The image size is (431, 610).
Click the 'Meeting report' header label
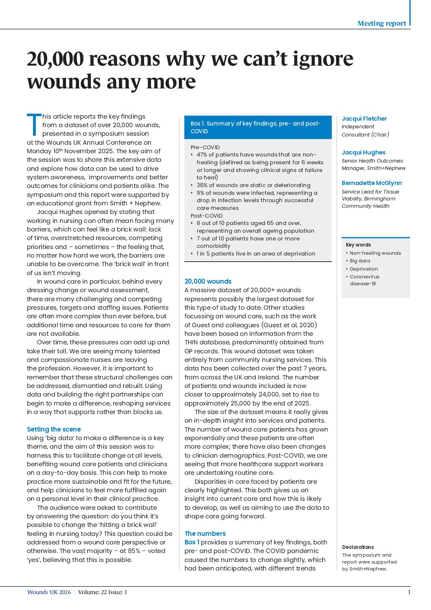(382, 23)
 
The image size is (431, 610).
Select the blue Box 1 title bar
(255, 127)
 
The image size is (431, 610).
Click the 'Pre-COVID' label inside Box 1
(205, 147)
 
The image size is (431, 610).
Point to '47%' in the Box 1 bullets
(202, 155)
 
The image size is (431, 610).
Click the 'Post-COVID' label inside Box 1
(207, 216)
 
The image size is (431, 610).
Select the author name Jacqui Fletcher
(364, 119)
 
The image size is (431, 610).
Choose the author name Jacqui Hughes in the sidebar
(363, 152)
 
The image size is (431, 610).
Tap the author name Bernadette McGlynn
(372, 183)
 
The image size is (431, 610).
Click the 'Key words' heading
(358, 245)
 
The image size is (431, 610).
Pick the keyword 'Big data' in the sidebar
(360, 261)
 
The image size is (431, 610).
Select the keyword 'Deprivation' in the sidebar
(364, 269)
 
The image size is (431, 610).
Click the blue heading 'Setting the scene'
(54, 429)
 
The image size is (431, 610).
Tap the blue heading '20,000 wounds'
(208, 281)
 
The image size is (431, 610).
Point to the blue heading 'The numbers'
(205, 533)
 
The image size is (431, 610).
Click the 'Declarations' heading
(358, 547)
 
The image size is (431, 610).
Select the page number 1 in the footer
(409, 592)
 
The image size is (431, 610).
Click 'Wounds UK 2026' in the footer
(49, 592)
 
